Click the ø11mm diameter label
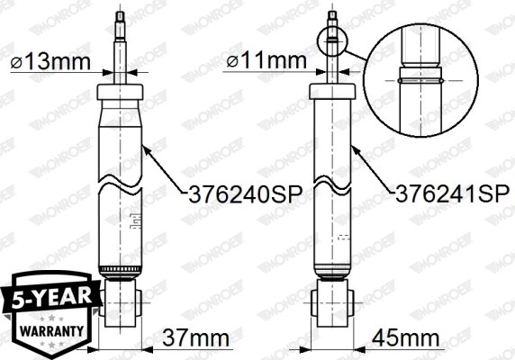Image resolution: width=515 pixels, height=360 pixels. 274,63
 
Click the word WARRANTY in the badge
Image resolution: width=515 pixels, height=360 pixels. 45,329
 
